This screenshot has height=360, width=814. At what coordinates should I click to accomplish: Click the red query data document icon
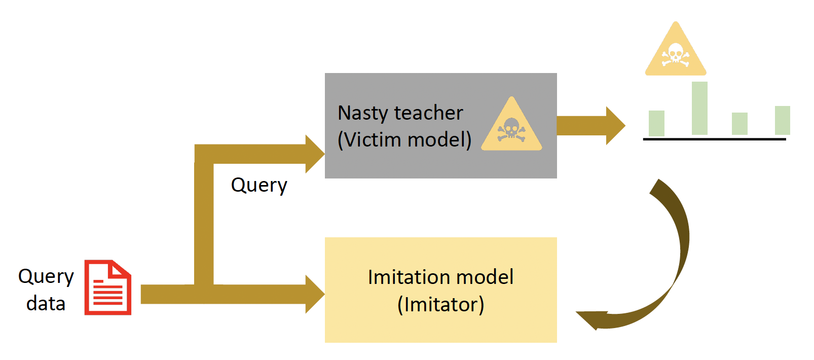[x=107, y=287]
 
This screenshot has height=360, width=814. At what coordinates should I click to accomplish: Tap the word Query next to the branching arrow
[x=259, y=185]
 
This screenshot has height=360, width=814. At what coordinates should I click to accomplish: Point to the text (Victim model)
[x=404, y=139]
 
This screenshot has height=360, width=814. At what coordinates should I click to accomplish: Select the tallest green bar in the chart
[x=699, y=108]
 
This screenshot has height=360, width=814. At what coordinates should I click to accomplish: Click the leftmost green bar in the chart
[x=656, y=123]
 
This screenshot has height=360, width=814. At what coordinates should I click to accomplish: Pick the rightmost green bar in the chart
[x=783, y=120]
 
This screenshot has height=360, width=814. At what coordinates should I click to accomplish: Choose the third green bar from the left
[x=739, y=124]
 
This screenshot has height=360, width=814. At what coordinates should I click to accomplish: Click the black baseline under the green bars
[x=714, y=138]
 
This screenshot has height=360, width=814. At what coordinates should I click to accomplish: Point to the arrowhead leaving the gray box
[x=615, y=125]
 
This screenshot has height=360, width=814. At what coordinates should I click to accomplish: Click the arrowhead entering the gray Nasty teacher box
[x=315, y=154]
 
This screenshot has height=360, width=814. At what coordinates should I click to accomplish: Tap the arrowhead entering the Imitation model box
[x=315, y=294]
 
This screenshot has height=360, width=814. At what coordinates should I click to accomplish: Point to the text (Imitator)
[x=440, y=305]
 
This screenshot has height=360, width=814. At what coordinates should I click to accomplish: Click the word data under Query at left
[x=46, y=304]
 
